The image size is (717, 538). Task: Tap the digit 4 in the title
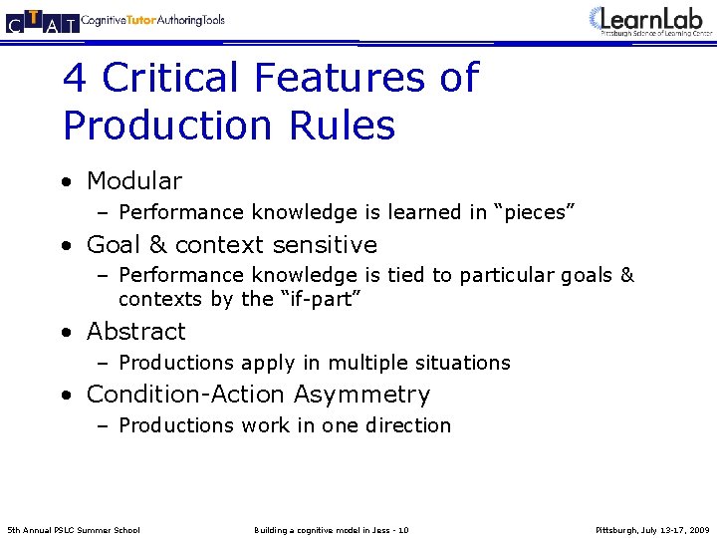pyautogui.click(x=75, y=78)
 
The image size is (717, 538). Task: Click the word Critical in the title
pyautogui.click(x=170, y=78)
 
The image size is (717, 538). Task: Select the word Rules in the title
pyautogui.click(x=344, y=126)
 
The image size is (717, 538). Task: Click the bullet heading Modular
pyautogui.click(x=134, y=181)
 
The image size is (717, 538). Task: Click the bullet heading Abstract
pyautogui.click(x=136, y=332)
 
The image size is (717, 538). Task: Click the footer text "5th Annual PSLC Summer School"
pyautogui.click(x=74, y=529)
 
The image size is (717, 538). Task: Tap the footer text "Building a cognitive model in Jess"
pyautogui.click(x=325, y=529)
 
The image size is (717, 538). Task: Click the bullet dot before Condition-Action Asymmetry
pyautogui.click(x=66, y=396)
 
